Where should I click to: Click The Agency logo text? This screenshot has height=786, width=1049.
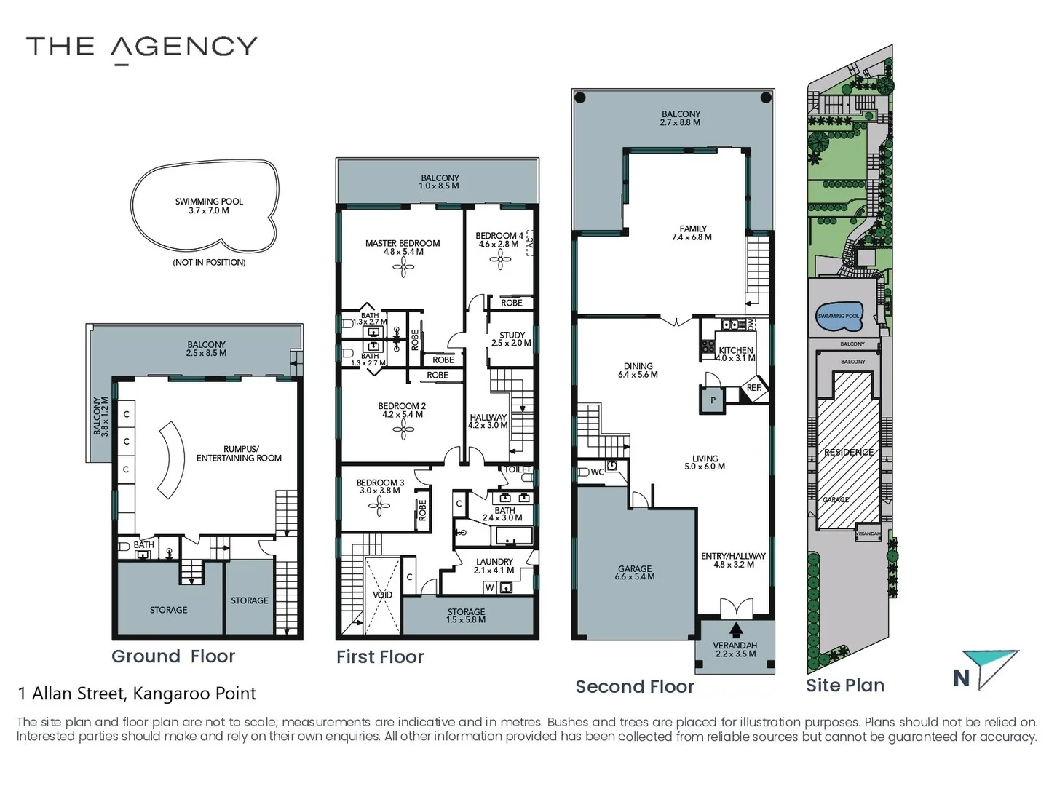click(142, 47)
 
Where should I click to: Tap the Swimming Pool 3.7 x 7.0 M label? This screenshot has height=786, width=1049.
click(209, 206)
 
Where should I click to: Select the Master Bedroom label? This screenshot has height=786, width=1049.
click(403, 247)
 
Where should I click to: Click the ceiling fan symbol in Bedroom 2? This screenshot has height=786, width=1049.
click(403, 430)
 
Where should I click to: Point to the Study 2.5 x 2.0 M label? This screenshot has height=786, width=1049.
click(512, 339)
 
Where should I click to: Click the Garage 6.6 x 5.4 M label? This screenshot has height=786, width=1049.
click(635, 573)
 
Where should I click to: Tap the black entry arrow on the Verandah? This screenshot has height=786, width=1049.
click(737, 630)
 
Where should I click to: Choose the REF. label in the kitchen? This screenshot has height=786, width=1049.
click(754, 388)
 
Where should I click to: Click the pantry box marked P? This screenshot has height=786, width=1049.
click(713, 400)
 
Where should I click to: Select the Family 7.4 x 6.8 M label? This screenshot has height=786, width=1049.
click(692, 233)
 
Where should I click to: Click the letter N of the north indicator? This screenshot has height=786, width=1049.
click(962, 678)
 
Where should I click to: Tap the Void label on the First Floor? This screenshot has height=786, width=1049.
click(382, 595)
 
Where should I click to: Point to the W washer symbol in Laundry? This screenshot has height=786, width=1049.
click(490, 587)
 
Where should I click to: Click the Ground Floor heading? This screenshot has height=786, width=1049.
click(173, 656)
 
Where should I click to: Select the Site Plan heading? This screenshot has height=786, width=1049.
click(845, 686)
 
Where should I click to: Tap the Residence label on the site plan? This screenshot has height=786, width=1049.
click(848, 452)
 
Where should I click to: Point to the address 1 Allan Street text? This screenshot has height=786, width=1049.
click(137, 694)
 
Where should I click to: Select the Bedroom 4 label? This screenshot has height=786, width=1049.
click(499, 239)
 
